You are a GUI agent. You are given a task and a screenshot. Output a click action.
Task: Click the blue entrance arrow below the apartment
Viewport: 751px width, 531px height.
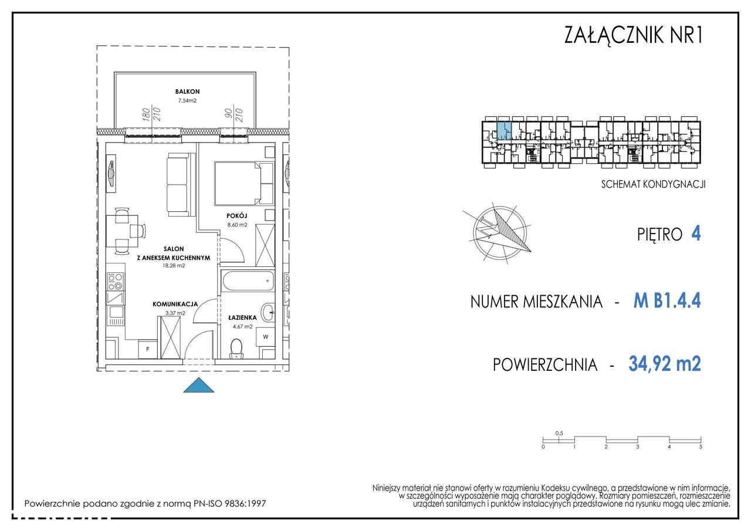(x=198, y=386)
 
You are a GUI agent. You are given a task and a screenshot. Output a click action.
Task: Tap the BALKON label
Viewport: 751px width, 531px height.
(x=187, y=92)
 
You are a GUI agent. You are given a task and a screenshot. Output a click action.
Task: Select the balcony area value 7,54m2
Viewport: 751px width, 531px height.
(x=187, y=101)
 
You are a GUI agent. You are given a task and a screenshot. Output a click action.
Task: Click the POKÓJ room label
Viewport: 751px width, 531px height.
(x=236, y=215)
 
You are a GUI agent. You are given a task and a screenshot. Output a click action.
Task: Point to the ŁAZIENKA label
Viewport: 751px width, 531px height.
(x=241, y=317)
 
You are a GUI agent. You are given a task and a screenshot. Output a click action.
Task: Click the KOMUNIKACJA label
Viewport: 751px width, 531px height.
(x=174, y=304)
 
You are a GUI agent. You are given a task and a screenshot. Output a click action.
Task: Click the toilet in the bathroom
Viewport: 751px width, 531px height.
(x=237, y=348)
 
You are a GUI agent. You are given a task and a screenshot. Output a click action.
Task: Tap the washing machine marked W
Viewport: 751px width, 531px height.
(x=265, y=337)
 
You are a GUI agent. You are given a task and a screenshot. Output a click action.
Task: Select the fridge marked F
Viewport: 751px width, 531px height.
(x=148, y=349)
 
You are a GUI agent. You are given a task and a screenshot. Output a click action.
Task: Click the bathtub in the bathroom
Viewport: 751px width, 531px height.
(x=246, y=281)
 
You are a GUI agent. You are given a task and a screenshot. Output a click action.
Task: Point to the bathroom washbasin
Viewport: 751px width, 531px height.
(x=268, y=311)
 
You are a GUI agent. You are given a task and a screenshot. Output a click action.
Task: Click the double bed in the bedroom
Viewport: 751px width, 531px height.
(x=243, y=181)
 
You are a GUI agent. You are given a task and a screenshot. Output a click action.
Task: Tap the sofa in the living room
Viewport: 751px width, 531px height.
(x=177, y=184)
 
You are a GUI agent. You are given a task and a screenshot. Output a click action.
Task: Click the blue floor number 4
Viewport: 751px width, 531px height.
(x=696, y=234)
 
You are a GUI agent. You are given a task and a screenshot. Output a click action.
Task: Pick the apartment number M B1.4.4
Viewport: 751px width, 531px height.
(x=667, y=301)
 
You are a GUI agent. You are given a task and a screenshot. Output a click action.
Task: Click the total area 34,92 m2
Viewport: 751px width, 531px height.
(x=665, y=364)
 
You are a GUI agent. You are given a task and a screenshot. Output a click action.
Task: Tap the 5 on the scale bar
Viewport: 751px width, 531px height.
(x=701, y=447)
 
